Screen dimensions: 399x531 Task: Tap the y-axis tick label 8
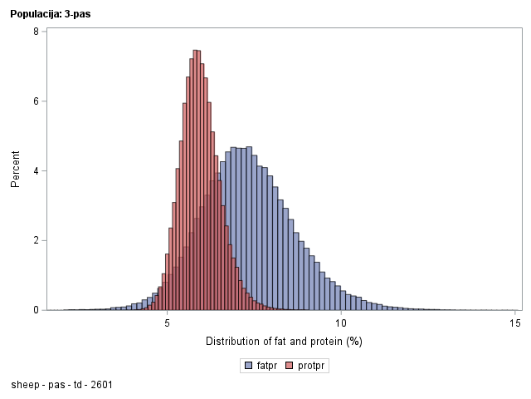[x=36, y=32]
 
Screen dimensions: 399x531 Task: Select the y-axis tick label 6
[x=36, y=101]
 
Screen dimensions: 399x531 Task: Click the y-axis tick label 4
[x=36, y=171]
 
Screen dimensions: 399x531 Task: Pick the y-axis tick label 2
[x=36, y=240]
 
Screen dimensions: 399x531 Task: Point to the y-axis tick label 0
[x=36, y=310]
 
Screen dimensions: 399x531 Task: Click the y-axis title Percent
[x=15, y=170]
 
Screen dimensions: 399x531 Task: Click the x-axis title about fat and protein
[x=284, y=342]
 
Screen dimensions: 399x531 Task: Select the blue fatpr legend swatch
[x=248, y=366]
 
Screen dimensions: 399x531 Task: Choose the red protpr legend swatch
[x=290, y=366]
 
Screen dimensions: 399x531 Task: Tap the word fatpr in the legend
[x=267, y=366]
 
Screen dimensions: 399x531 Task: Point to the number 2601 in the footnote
[x=100, y=385]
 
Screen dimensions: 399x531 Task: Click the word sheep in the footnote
[x=25, y=385]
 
